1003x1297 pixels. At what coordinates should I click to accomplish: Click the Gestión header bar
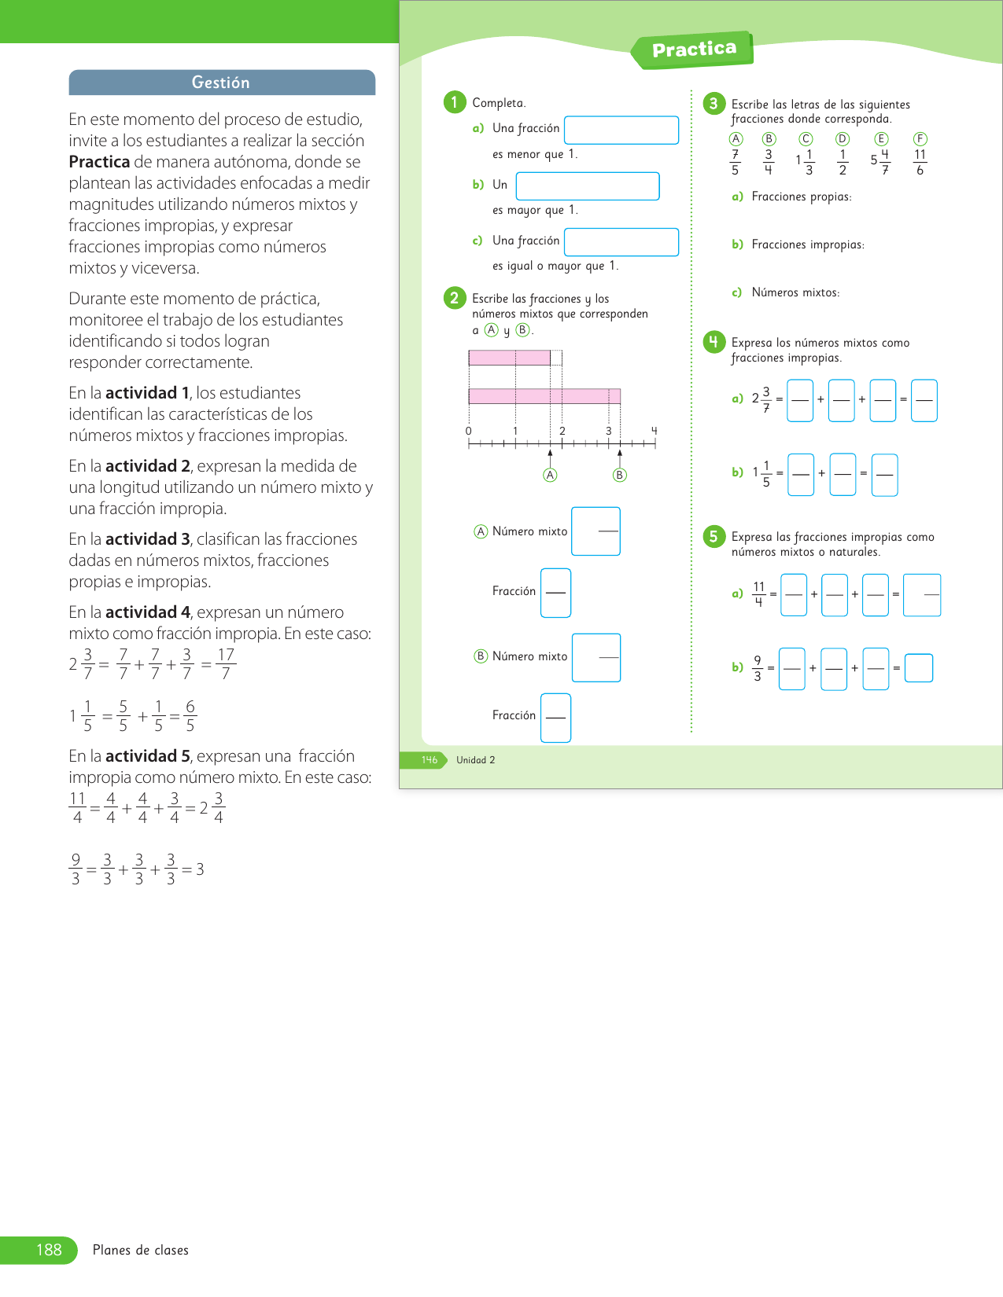pyautogui.click(x=222, y=83)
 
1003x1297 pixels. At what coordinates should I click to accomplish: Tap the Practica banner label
pyautogui.click(x=694, y=50)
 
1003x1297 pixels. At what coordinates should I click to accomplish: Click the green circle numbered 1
pyautogui.click(x=455, y=102)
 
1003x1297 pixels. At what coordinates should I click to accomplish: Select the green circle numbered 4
pyautogui.click(x=714, y=342)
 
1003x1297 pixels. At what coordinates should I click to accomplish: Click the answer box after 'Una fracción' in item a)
pyautogui.click(x=621, y=130)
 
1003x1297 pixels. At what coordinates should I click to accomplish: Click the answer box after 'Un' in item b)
pyautogui.click(x=588, y=186)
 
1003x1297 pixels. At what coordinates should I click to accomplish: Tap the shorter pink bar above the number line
pyautogui.click(x=509, y=358)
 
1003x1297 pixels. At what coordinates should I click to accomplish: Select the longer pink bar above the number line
pyautogui.click(x=544, y=396)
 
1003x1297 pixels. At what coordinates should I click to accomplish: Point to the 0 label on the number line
pyautogui.click(x=469, y=431)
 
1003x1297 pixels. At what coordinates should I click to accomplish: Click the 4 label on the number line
pyautogui.click(x=654, y=431)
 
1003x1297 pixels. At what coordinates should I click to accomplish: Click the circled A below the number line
pyautogui.click(x=551, y=475)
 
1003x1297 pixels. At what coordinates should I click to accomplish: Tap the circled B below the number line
pyautogui.click(x=620, y=475)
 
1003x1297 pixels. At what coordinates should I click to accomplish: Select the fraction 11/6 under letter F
pyautogui.click(x=920, y=163)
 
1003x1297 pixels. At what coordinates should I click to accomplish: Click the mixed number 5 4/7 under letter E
pyautogui.click(x=880, y=163)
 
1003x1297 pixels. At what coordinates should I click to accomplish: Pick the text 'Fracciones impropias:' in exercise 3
pyautogui.click(x=808, y=244)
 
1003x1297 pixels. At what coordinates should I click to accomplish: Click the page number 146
pyautogui.click(x=430, y=760)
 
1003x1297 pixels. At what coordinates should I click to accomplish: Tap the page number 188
pyautogui.click(x=49, y=1250)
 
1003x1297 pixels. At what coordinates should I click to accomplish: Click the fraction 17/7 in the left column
pyautogui.click(x=226, y=664)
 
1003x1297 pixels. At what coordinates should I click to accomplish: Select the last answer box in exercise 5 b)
pyautogui.click(x=919, y=668)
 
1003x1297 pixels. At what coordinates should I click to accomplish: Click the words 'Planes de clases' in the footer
pyautogui.click(x=141, y=1250)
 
